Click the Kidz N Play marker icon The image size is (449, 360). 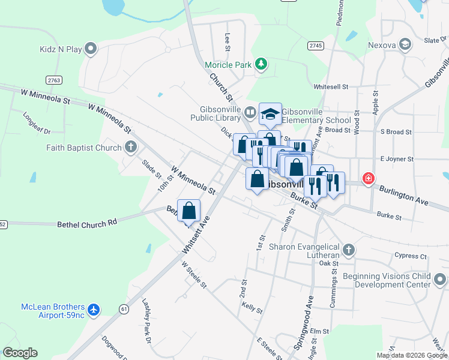[91, 48]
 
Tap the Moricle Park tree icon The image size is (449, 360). [261, 64]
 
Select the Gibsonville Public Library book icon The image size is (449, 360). [249, 112]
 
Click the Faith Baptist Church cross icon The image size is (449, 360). [131, 146]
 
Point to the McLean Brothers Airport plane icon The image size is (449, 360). [92, 310]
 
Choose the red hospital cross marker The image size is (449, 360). [367, 178]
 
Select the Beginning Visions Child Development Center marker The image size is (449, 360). [440, 280]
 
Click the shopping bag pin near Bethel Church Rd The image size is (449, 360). [188, 211]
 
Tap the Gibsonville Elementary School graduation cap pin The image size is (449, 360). [270, 113]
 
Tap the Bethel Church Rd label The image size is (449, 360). [86, 224]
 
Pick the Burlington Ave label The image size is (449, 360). [403, 196]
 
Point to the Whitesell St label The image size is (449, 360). [331, 86]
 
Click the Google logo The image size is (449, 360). [20, 353]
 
